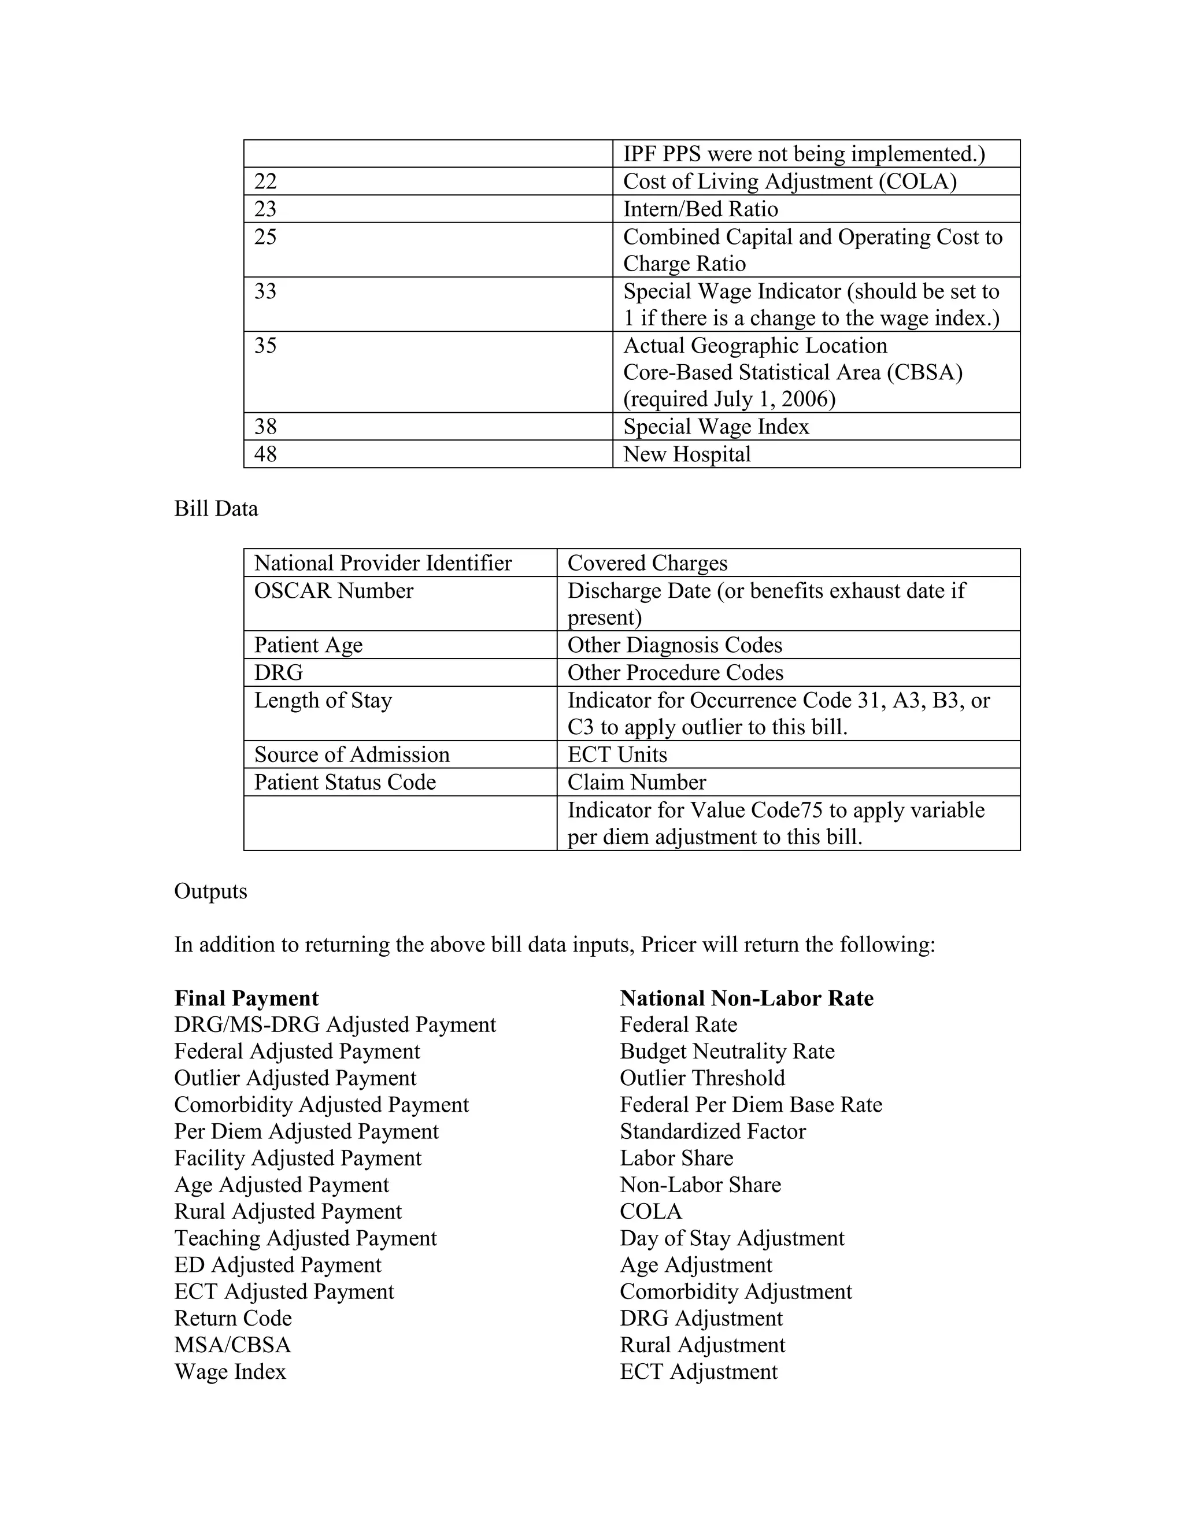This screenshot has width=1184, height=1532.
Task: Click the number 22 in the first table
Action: tap(265, 182)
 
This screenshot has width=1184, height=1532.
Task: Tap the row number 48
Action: tap(265, 454)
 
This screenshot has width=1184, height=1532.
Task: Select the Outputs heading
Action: tap(210, 891)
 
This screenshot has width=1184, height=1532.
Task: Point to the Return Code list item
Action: tap(233, 1318)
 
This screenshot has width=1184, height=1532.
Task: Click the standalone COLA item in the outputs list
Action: tap(650, 1211)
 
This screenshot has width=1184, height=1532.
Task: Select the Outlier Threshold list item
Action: tap(702, 1078)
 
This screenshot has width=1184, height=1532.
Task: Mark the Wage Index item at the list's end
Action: tap(230, 1371)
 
